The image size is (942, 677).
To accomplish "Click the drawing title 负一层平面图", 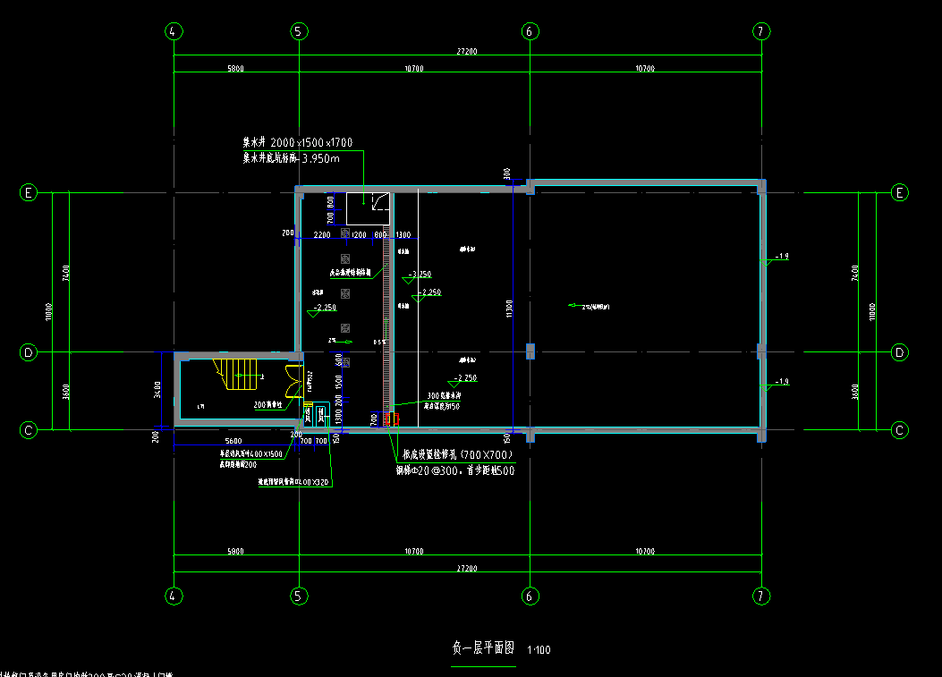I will (484, 648).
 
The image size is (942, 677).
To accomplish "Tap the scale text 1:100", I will (539, 650).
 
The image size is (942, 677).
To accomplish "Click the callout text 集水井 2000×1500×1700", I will (298, 142).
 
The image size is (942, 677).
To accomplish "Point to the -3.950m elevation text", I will (319, 158).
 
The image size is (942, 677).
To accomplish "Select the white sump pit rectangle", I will (368, 208).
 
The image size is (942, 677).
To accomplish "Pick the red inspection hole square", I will (387, 419).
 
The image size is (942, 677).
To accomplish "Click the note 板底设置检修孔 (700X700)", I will (456, 453).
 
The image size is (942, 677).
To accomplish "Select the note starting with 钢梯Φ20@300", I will (455, 470).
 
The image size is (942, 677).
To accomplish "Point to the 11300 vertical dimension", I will (509, 309).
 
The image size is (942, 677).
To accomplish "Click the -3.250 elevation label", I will (420, 275).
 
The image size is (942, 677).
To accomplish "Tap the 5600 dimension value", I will (233, 442).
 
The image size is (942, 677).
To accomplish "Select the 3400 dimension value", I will (157, 390).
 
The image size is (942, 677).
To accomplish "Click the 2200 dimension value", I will (322, 234).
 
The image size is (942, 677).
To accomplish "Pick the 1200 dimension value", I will (359, 234).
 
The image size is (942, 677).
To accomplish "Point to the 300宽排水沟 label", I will (444, 395).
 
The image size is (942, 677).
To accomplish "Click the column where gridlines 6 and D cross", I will (530, 351).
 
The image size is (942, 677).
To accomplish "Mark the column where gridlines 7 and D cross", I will (761, 351).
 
